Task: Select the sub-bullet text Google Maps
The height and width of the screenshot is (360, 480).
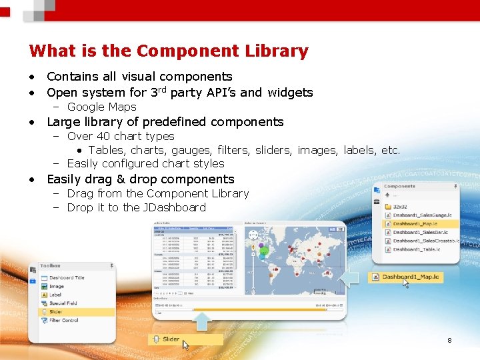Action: coord(101,107)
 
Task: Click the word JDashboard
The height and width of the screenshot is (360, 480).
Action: coord(174,207)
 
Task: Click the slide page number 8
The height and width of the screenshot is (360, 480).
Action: coord(449,341)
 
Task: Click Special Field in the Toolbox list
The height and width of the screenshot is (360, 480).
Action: coord(63,303)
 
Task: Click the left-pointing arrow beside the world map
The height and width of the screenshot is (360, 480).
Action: coord(351,278)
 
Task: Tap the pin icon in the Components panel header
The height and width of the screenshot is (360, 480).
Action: coord(454,186)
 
